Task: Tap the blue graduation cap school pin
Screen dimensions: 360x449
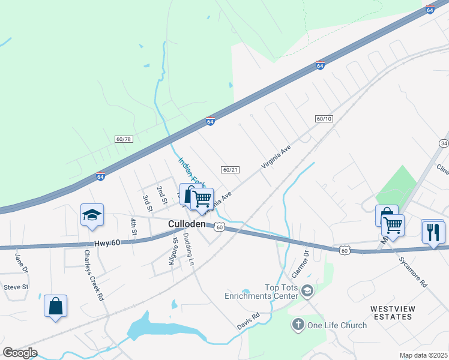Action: point(92,215)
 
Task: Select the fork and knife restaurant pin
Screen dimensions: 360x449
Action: point(433,231)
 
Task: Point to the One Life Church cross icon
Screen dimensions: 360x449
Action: point(297,325)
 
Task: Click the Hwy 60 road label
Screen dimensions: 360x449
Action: point(108,244)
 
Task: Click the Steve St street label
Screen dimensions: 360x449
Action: point(16,287)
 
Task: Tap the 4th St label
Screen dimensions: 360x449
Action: point(133,227)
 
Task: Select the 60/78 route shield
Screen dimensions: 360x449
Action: point(123,139)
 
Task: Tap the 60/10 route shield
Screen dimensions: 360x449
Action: point(324,119)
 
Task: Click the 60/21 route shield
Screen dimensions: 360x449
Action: point(230,170)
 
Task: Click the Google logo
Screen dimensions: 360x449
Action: point(20,353)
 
